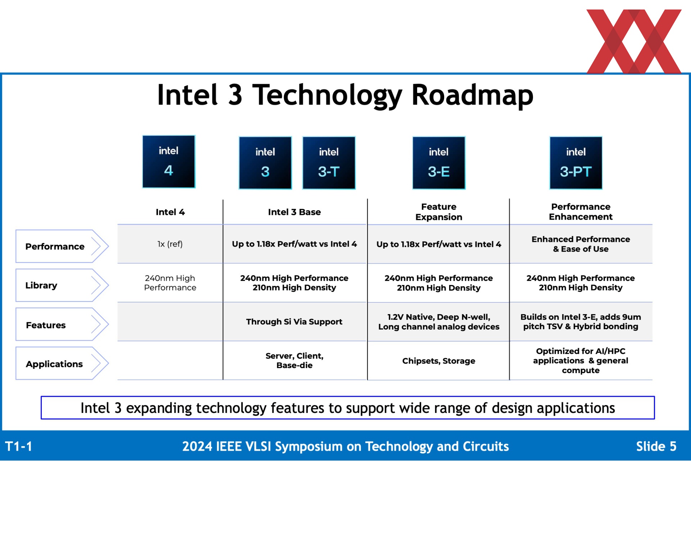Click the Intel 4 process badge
click(x=169, y=161)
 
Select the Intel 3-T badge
click(x=329, y=162)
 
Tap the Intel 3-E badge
click(x=439, y=162)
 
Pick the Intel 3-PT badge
click(x=576, y=162)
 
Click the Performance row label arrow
click(x=62, y=246)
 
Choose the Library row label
click(x=62, y=285)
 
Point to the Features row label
click(x=62, y=325)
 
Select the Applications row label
click(x=62, y=363)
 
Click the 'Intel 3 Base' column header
click(x=294, y=212)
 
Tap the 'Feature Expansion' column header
click(x=439, y=212)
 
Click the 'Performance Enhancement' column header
click(x=581, y=212)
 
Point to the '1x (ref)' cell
click(x=170, y=244)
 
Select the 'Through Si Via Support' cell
click(x=294, y=322)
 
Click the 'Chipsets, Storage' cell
click(x=439, y=361)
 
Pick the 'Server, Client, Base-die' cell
click(x=294, y=360)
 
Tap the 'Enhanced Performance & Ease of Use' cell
click(x=581, y=244)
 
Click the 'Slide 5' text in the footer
click(x=656, y=446)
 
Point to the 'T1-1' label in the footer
click(x=19, y=446)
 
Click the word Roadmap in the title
click(x=472, y=95)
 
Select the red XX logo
click(x=634, y=41)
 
